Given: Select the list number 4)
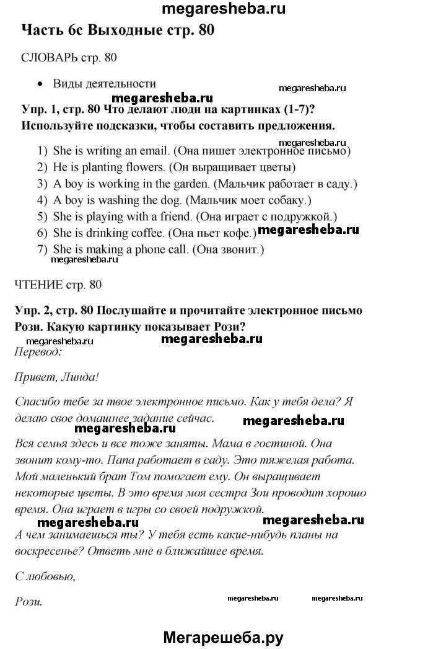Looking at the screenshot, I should [42, 200].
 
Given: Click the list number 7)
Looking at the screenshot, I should [42, 249].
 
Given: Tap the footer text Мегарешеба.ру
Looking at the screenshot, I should [223, 637].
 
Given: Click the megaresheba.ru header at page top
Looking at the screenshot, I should [223, 8].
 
